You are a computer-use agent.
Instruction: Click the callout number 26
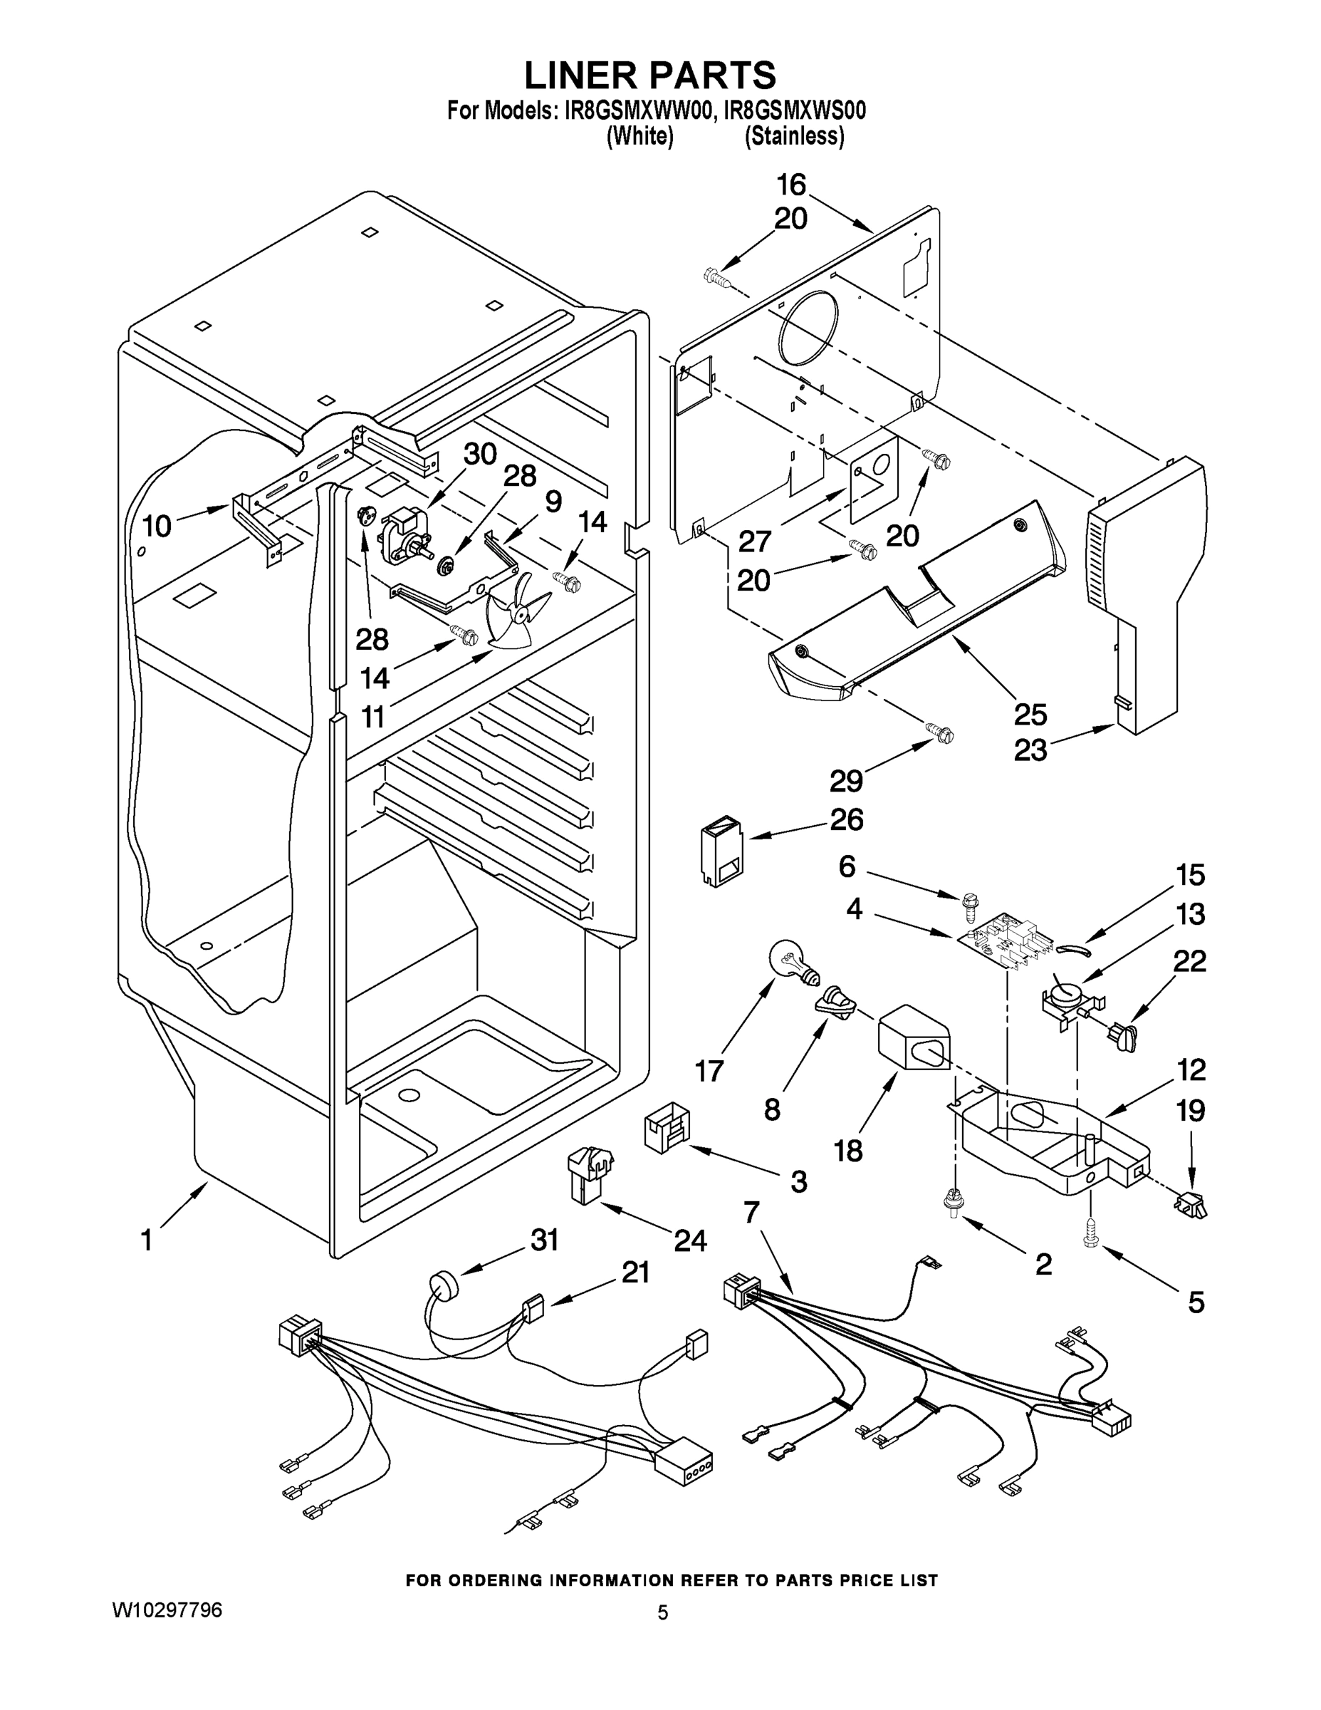point(846,820)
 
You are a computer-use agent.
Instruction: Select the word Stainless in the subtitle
point(794,136)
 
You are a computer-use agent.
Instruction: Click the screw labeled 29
point(941,734)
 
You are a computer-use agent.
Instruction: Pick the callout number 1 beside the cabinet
point(147,1240)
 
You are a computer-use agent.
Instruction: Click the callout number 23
point(1030,750)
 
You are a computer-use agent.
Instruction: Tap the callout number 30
point(480,453)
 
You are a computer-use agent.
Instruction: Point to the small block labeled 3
point(667,1129)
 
